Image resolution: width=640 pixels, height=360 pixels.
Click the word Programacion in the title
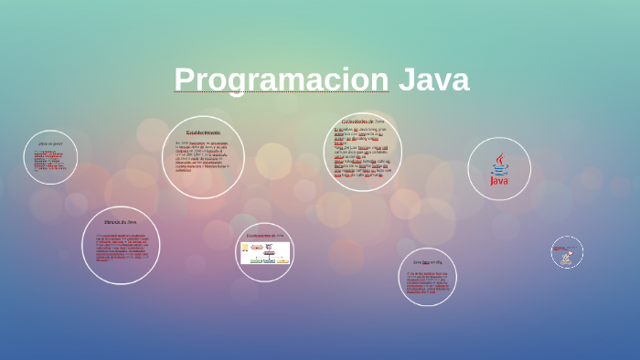point(282,80)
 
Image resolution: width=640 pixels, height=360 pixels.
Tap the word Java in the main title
point(433,80)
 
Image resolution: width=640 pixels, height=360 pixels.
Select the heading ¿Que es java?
point(50,143)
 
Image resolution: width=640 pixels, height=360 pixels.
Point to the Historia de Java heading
point(120,222)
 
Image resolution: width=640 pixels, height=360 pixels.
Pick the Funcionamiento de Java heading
point(264,236)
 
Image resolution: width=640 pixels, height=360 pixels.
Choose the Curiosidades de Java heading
point(363,122)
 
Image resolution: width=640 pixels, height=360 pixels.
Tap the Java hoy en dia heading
point(427,262)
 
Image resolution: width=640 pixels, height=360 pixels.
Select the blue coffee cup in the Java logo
point(499,169)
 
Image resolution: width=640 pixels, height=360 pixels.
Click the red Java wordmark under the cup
point(499,181)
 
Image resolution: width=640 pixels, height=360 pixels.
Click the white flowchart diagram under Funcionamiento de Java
point(264,253)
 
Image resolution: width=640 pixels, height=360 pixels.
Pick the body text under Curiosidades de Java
point(362,152)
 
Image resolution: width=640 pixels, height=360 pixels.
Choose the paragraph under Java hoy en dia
point(427,281)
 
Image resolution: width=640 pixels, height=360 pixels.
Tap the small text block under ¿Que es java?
point(50,160)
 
